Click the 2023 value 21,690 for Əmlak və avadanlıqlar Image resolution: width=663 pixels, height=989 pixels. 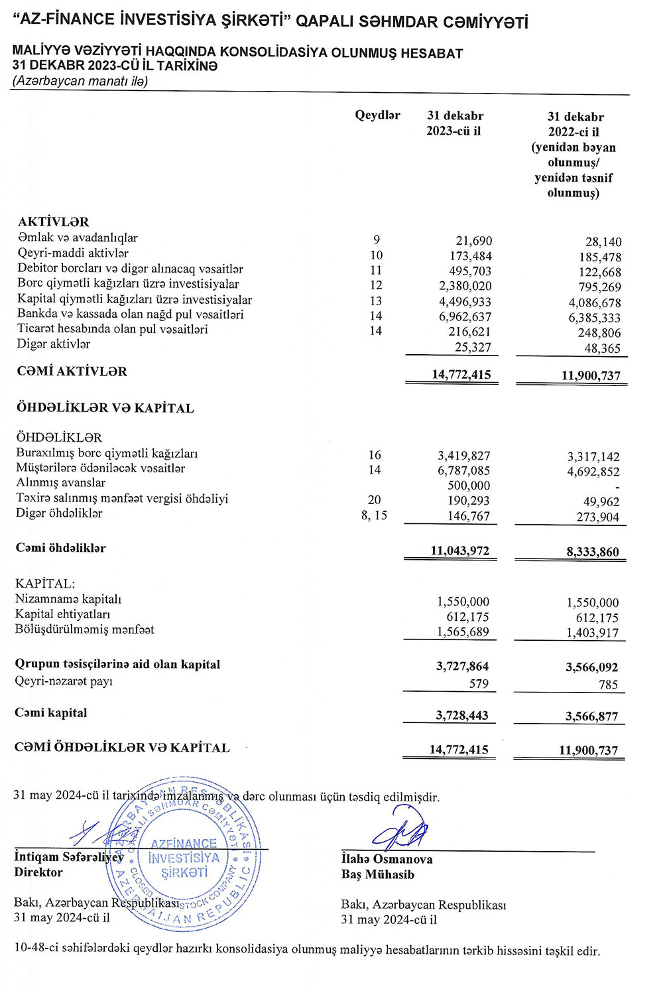click(473, 241)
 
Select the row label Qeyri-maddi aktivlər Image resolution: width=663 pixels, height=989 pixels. click(73, 253)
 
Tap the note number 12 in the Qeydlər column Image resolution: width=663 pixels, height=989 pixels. click(376, 285)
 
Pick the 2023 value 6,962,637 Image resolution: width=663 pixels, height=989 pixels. click(465, 316)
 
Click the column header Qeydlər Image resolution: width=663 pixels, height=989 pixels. click(377, 115)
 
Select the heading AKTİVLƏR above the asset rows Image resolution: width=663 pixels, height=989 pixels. click(53, 222)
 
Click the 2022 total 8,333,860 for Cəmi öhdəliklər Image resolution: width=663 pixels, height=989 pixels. click(593, 552)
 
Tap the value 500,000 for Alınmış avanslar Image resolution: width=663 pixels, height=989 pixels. click(469, 486)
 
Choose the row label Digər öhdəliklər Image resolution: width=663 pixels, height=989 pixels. click(59, 513)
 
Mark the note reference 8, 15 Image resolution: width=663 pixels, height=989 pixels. click(374, 515)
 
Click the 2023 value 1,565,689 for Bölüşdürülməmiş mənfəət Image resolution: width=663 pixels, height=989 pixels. click(463, 632)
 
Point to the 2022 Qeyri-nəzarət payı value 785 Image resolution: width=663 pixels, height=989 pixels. click(608, 685)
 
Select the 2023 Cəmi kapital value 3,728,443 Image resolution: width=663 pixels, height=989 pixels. click(461, 716)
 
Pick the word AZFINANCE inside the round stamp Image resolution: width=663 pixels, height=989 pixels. click(184, 844)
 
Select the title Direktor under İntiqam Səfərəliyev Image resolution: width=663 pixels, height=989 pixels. click(38, 873)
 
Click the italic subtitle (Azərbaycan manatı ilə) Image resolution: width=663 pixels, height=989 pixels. click(80, 81)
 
